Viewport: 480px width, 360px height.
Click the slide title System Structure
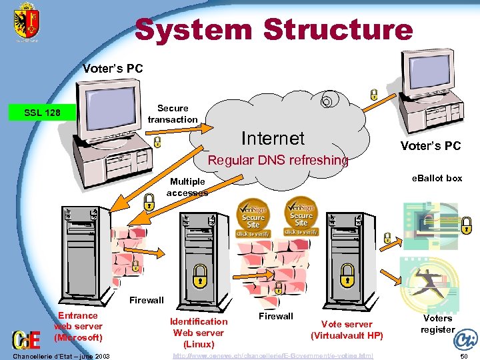(x=273, y=30)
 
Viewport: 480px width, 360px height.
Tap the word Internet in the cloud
(x=272, y=138)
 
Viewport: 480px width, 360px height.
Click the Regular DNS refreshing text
(x=278, y=160)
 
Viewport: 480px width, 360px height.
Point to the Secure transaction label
(x=173, y=113)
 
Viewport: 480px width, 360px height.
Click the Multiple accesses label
(x=187, y=187)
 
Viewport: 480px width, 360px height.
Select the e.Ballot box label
(x=437, y=178)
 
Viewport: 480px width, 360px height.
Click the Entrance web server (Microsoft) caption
(x=78, y=326)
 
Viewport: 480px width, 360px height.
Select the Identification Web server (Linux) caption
(x=199, y=332)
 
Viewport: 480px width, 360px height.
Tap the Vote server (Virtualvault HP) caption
(x=347, y=329)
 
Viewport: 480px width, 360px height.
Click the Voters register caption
(x=437, y=323)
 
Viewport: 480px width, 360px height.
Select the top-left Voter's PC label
(x=112, y=68)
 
